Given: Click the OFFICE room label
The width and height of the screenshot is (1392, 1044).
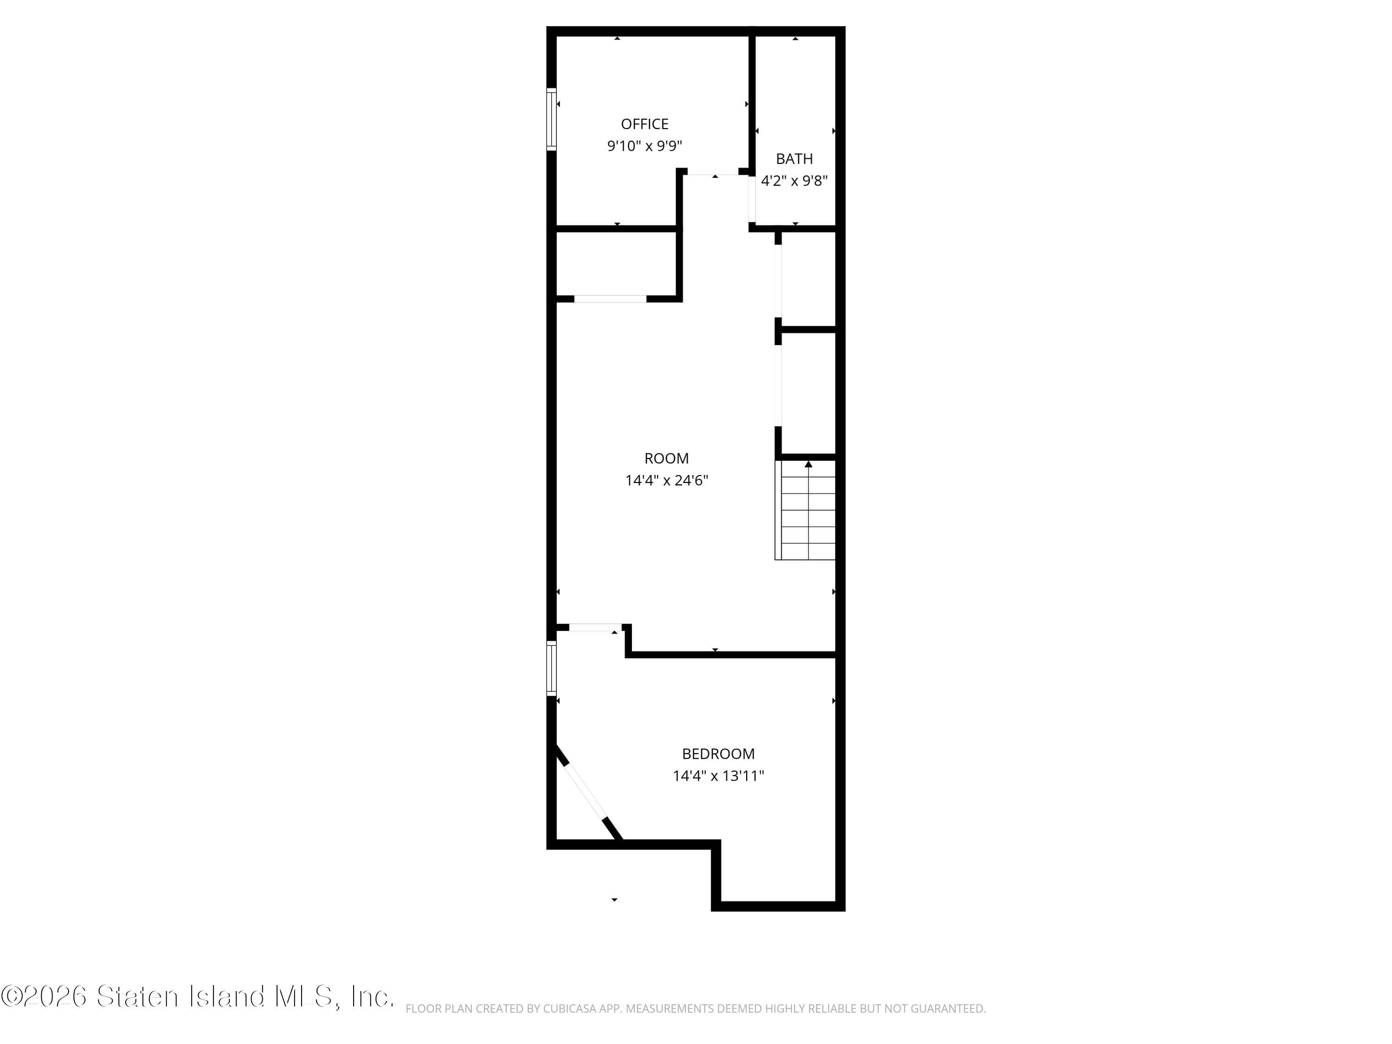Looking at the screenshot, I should coord(644,124).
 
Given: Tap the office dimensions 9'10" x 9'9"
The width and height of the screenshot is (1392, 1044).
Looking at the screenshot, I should coord(644,146).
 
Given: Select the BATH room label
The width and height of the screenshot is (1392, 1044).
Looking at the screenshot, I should coord(794,159).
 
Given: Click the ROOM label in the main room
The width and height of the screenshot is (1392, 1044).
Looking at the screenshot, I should coord(666,458).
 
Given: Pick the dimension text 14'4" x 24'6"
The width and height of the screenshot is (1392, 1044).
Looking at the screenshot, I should coord(666,481).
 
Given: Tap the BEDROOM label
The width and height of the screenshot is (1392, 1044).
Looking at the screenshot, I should coord(718,753).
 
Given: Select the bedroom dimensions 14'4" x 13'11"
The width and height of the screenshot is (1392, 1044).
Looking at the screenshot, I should coord(718,776).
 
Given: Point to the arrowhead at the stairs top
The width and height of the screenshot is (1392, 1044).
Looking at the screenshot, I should coord(808,464).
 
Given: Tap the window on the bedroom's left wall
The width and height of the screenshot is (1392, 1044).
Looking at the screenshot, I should coord(552,668).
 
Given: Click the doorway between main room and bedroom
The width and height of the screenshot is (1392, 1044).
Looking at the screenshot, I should coord(595,627).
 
